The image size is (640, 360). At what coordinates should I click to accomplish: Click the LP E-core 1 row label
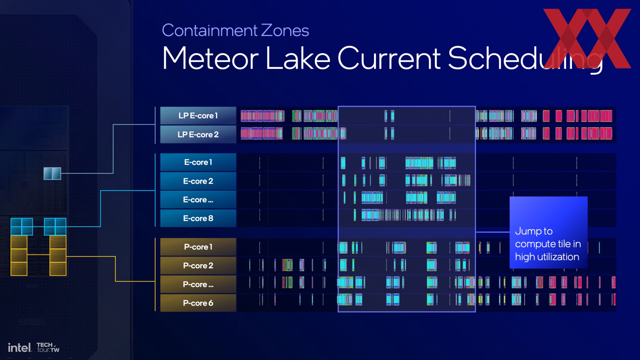[x=198, y=116]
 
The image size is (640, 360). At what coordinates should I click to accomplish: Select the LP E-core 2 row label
[x=198, y=134]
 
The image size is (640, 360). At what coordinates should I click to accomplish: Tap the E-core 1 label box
[x=198, y=162]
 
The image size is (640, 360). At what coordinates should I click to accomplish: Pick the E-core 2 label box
[x=198, y=181]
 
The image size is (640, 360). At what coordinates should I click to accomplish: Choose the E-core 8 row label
[x=198, y=218]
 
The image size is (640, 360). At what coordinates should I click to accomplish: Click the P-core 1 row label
[x=198, y=247]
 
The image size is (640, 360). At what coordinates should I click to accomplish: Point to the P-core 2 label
[x=198, y=266]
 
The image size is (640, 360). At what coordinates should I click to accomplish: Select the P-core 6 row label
[x=198, y=303]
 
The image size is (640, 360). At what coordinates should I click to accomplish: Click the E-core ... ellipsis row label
[x=198, y=200]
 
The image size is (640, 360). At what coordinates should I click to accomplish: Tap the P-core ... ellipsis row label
[x=198, y=284]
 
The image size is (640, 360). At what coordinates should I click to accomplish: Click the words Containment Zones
[x=235, y=30]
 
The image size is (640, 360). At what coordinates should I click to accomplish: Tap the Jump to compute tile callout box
[x=548, y=232]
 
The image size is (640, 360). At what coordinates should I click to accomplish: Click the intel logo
[x=20, y=348]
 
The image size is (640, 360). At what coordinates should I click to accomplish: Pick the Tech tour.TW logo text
[x=48, y=347]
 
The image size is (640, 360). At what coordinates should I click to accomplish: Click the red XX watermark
[x=587, y=38]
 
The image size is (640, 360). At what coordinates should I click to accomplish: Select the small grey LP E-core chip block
[x=52, y=173]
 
